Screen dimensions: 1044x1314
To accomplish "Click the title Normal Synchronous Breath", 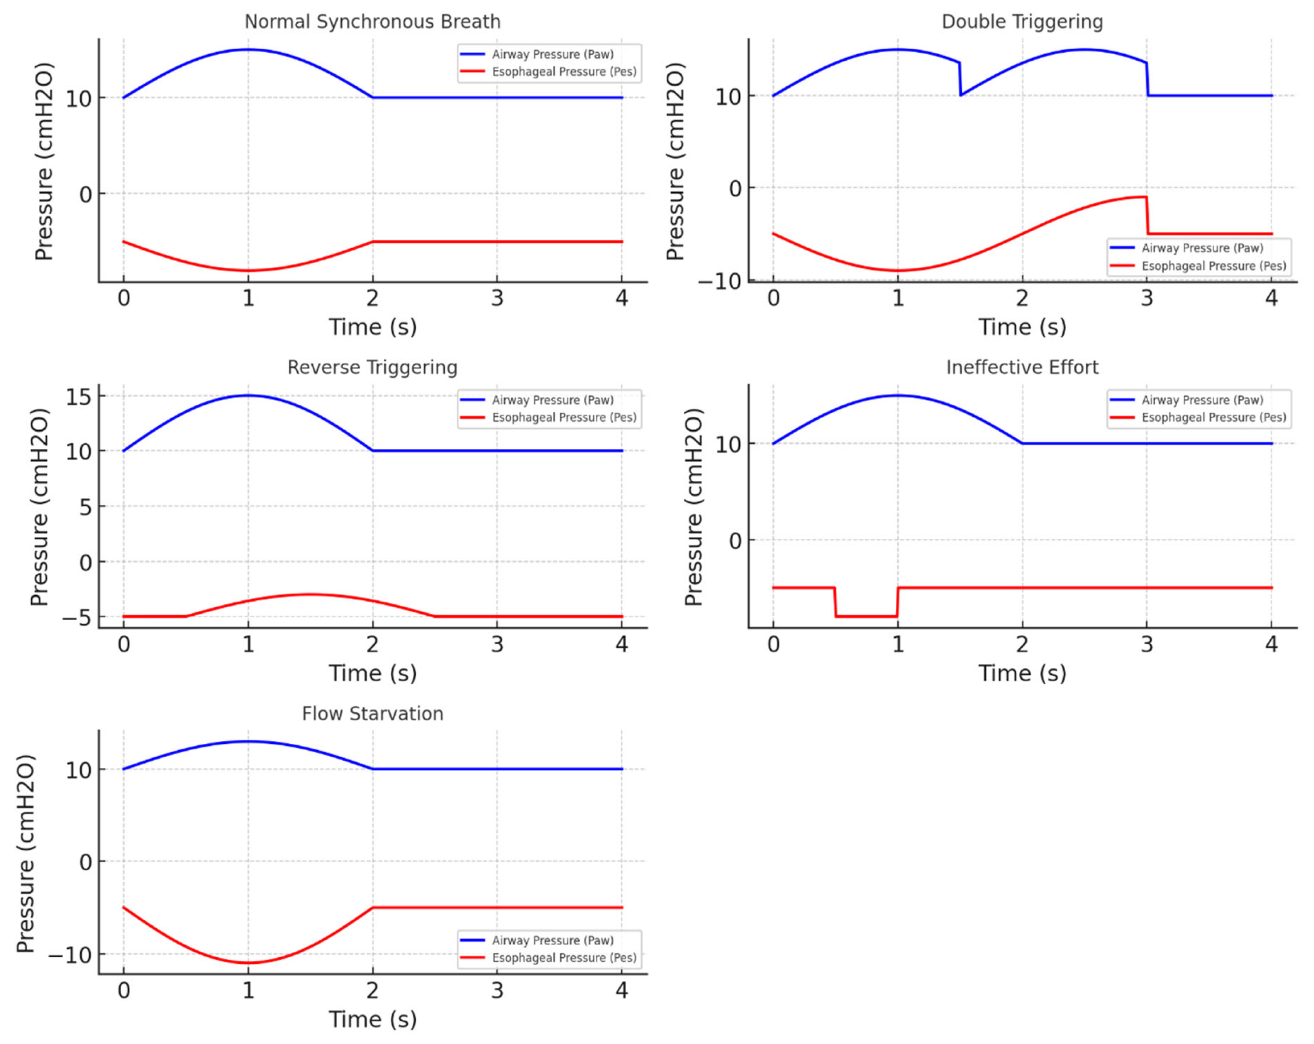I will [372, 22].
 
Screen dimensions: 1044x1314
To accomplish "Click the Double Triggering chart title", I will [1022, 22].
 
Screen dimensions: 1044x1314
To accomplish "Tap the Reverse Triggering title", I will [372, 367].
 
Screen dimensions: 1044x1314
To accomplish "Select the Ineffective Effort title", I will [1022, 367].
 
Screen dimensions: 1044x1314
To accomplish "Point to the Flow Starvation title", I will [372, 714].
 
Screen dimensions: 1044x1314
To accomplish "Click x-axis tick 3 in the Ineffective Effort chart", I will [1146, 644].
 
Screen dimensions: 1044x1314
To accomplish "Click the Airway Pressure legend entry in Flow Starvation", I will [552, 940].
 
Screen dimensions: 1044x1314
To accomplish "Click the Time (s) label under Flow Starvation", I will [372, 1019].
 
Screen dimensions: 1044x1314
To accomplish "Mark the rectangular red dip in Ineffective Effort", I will [866, 616].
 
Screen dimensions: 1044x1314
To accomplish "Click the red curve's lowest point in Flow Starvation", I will [248, 963].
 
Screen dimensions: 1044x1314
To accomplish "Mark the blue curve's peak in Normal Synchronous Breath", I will [248, 49].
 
